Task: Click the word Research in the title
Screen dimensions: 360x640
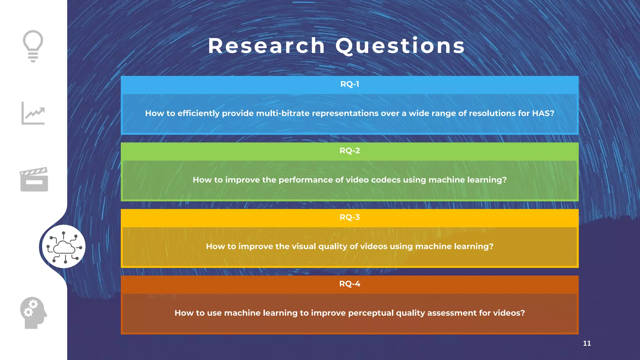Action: [267, 46]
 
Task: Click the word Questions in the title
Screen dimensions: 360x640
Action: [400, 46]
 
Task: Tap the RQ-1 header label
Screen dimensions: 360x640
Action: [350, 84]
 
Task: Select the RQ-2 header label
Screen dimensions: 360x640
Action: [350, 151]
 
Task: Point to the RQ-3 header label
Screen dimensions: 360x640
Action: [350, 217]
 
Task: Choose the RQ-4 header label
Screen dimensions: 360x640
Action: [350, 284]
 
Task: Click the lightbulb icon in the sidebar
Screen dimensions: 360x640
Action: [33, 46]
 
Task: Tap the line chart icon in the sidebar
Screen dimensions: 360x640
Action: [33, 113]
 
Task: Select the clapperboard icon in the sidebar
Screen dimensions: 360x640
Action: [34, 179]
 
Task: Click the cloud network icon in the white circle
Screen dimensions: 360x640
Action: [64, 247]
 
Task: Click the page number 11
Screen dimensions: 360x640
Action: [587, 343]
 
